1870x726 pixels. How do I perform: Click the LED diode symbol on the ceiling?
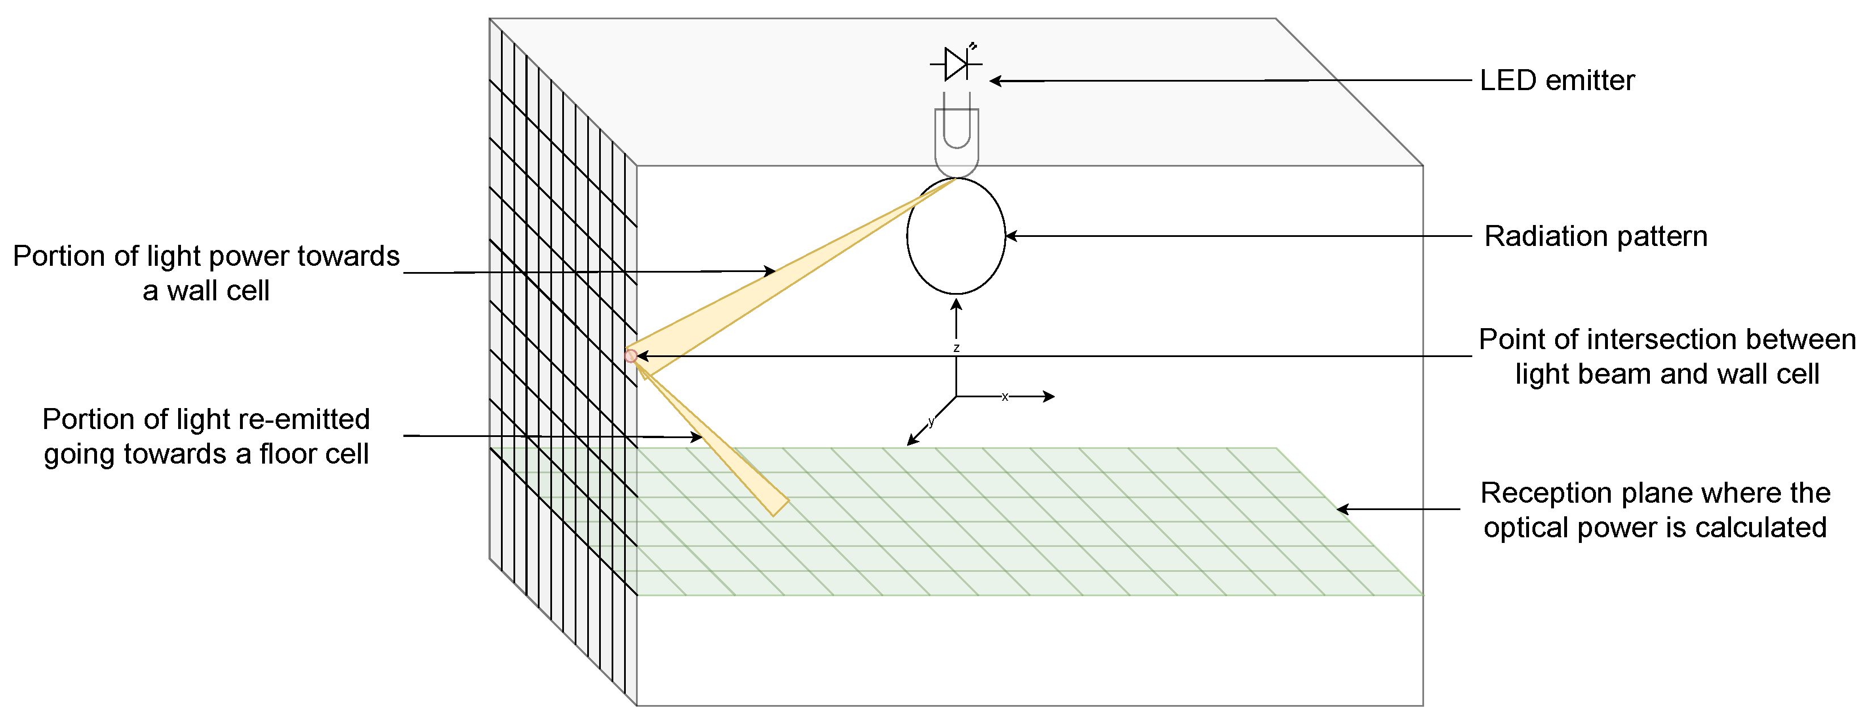(x=956, y=64)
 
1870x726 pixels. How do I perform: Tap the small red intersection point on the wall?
(x=631, y=356)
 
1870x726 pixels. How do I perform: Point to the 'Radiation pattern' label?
(x=1595, y=236)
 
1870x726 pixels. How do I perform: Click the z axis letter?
(x=956, y=348)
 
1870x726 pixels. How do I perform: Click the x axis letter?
(x=1005, y=397)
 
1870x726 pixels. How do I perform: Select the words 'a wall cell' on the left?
(x=206, y=291)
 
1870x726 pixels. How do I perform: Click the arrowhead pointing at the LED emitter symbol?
(x=995, y=81)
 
